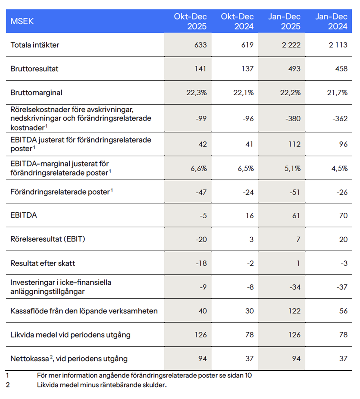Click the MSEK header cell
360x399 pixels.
(x=22, y=22)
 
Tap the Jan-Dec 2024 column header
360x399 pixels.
(x=332, y=21)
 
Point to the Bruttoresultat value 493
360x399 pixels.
(x=295, y=69)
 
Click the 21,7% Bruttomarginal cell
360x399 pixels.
(x=337, y=93)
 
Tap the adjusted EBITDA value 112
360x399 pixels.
(x=295, y=144)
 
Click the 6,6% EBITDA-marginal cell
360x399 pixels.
(x=198, y=168)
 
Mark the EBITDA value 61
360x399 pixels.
(x=297, y=215)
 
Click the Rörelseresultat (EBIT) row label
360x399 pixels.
(x=48, y=239)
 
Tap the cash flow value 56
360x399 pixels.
(x=342, y=311)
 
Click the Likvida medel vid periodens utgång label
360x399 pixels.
(x=70, y=335)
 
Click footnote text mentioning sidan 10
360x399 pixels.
(x=144, y=375)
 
